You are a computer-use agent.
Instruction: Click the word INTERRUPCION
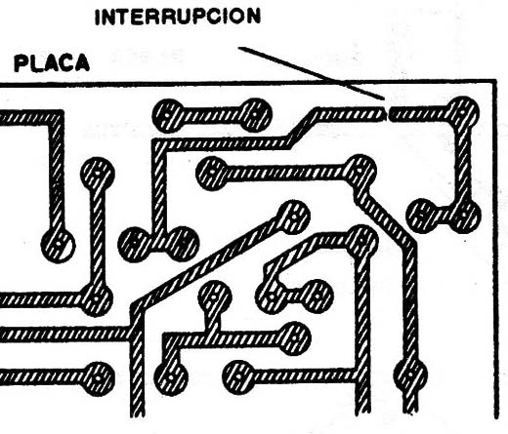(x=178, y=17)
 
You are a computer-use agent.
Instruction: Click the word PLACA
(x=52, y=63)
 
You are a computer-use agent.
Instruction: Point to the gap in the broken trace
(x=388, y=113)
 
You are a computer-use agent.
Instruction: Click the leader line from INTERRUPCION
(x=312, y=73)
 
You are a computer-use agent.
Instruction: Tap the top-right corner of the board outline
(x=495, y=80)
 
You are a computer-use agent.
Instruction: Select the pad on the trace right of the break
(x=463, y=113)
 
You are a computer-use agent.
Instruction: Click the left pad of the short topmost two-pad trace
(x=168, y=115)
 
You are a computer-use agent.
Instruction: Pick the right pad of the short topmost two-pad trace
(x=255, y=115)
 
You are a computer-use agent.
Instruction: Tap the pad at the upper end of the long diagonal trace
(x=293, y=217)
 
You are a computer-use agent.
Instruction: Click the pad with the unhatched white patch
(x=59, y=245)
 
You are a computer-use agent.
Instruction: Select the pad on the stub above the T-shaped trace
(x=215, y=296)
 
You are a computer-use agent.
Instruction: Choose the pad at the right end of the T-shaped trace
(x=294, y=338)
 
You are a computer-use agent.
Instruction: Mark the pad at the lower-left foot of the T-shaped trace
(x=171, y=377)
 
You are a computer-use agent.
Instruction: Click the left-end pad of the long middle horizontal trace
(x=212, y=173)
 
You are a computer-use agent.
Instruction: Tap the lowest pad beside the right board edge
(x=410, y=375)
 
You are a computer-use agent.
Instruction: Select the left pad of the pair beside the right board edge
(x=423, y=216)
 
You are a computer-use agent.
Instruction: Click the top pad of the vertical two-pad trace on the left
(x=98, y=174)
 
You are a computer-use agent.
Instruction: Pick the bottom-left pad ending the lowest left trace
(x=98, y=378)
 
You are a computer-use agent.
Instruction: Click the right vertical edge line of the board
(x=496, y=249)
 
